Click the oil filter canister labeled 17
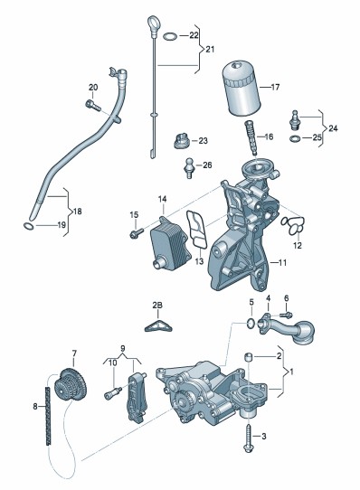(x=242, y=89)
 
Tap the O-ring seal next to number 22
(x=170, y=36)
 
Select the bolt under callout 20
(x=93, y=105)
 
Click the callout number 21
(x=210, y=49)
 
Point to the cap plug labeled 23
(x=182, y=141)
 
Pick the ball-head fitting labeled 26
(x=190, y=168)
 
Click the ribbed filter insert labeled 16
(x=251, y=137)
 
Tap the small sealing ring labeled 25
(x=295, y=138)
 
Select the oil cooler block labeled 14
(x=170, y=246)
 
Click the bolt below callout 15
(x=137, y=233)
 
